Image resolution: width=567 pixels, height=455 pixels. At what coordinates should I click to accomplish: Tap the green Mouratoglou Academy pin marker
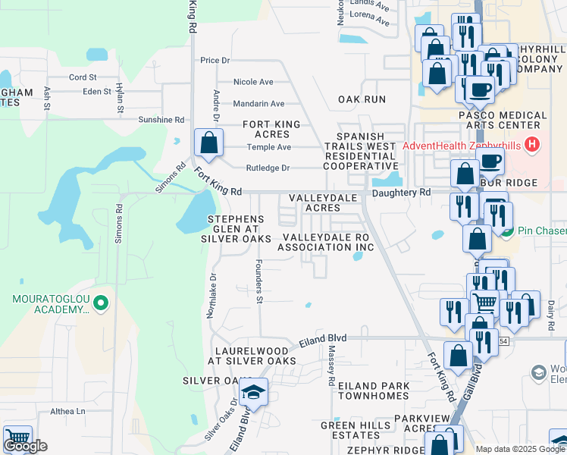click(100, 306)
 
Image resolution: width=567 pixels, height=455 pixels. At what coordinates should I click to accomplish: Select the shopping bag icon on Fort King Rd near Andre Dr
click(208, 143)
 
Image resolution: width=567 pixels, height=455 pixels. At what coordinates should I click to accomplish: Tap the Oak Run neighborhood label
click(362, 99)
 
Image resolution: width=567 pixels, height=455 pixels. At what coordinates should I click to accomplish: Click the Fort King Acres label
click(271, 129)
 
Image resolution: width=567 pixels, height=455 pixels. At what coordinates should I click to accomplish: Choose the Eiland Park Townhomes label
click(374, 391)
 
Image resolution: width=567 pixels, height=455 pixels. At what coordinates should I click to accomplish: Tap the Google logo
click(25, 446)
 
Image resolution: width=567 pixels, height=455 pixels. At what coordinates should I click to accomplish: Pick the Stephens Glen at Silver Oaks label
click(236, 229)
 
